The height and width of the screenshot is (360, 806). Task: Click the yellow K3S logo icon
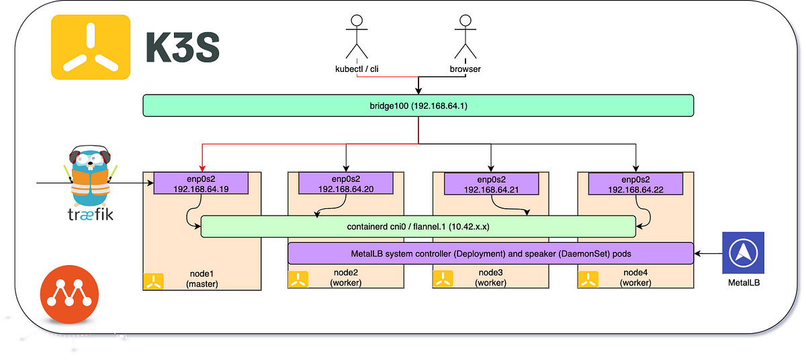91,47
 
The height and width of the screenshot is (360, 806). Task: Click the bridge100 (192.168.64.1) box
418,105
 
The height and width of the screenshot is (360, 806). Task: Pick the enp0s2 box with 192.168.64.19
201,184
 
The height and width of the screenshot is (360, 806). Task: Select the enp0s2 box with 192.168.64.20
345,184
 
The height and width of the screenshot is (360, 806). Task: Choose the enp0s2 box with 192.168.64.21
490,184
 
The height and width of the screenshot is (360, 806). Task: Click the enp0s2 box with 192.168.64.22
635,184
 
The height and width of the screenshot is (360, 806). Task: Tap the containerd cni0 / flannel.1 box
418,226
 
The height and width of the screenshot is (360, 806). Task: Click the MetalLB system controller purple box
490,253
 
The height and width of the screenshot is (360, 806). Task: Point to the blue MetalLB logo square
743,253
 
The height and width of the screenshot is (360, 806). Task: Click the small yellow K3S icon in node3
443,279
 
